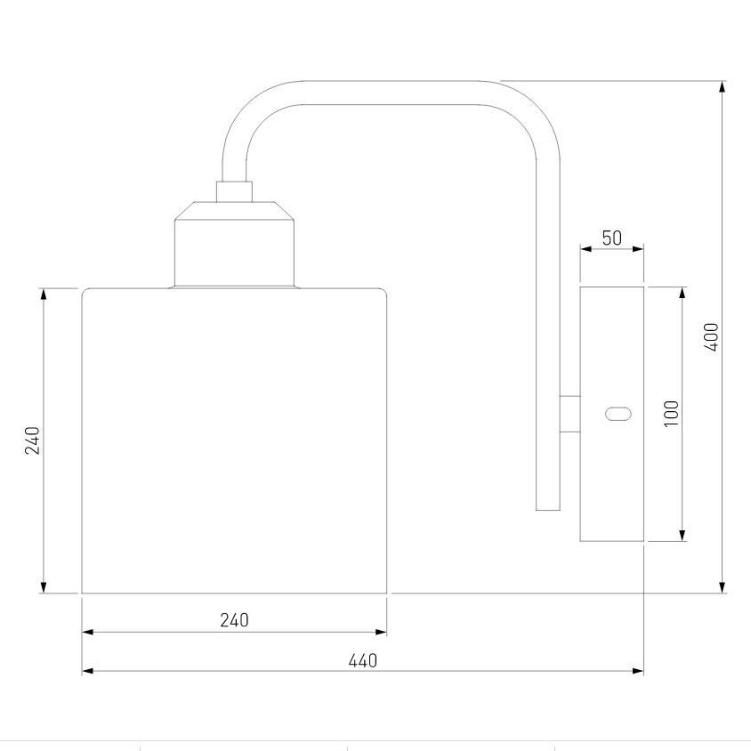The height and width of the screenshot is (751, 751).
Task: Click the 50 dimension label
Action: point(612,238)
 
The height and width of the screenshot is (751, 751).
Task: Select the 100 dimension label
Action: point(671,413)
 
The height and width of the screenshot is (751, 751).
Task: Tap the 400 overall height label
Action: point(711,336)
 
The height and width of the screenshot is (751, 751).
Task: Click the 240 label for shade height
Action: point(32,440)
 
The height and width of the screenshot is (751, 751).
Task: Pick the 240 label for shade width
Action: point(234,620)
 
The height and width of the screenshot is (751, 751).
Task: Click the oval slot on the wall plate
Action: point(618,413)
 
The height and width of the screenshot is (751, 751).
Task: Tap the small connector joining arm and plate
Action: point(569,414)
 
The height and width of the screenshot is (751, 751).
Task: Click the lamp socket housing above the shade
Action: point(234,249)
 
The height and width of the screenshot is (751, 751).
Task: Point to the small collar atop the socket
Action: point(234,190)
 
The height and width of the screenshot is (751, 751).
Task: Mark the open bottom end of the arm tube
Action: point(548,507)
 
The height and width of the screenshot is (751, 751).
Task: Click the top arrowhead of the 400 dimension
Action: point(722,86)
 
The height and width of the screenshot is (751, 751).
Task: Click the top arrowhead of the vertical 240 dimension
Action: point(44,295)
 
